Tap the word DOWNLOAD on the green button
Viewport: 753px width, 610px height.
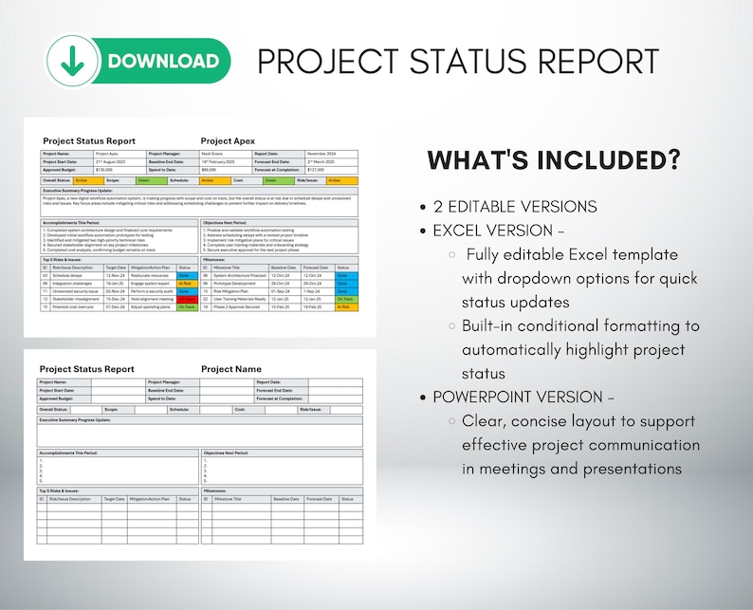163,62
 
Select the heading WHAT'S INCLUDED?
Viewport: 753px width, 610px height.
554,160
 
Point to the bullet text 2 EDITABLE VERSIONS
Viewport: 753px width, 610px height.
515,207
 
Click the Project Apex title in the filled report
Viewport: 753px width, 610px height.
229,140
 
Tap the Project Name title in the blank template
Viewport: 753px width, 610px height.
231,369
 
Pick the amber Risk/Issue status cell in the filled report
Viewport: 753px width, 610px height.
342,179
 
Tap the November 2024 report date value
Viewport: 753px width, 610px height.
322,153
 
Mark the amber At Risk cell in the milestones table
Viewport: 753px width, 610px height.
344,306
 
